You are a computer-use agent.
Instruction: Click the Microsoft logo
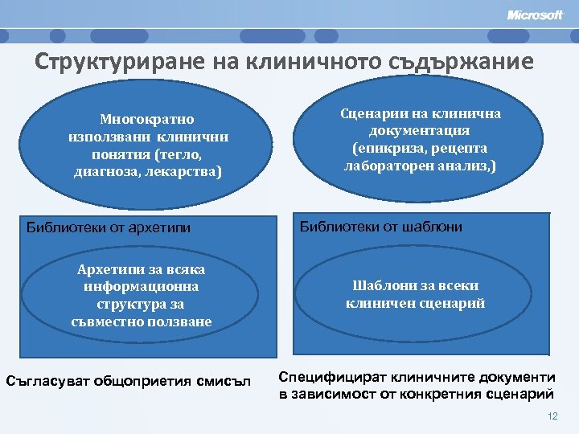(x=535, y=15)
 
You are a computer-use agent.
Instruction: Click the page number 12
(x=552, y=416)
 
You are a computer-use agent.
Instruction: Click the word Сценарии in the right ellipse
(x=376, y=113)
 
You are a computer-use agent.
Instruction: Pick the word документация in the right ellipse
(x=420, y=130)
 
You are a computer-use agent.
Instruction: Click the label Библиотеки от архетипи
(x=109, y=227)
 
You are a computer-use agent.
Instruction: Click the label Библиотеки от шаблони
(x=381, y=227)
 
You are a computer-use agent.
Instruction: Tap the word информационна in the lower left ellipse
(x=141, y=287)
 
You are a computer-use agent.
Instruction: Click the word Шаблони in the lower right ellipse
(x=382, y=286)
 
